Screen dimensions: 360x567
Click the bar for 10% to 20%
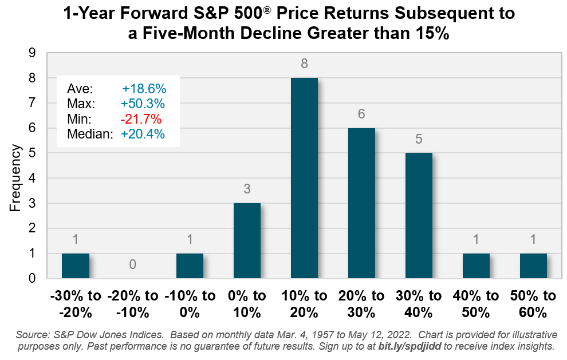[x=304, y=178]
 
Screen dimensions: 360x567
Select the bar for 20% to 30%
[x=361, y=203]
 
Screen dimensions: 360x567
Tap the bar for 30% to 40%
[x=419, y=216]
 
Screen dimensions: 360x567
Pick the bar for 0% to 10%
[x=247, y=240]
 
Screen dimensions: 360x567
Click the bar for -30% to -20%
[x=75, y=266]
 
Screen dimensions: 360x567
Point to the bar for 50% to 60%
[x=533, y=266]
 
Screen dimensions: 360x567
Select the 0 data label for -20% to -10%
[x=132, y=264]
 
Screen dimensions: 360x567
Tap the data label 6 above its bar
[x=361, y=114]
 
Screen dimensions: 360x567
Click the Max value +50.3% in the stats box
[x=143, y=104]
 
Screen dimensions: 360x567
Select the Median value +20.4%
[x=143, y=134]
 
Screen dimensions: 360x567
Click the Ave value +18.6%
[x=144, y=89]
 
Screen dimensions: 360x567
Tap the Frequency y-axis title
[x=15, y=179]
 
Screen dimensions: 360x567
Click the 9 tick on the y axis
[x=33, y=53]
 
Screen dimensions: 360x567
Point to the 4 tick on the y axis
[x=33, y=178]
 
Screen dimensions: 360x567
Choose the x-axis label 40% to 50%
[x=476, y=304]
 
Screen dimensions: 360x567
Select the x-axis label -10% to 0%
[x=190, y=304]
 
